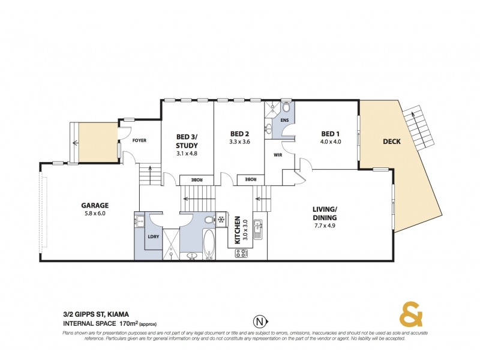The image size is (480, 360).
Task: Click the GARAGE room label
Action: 95,205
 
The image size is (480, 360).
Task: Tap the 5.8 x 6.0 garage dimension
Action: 95,214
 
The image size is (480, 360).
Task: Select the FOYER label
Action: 139,140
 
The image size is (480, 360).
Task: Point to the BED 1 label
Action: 330,133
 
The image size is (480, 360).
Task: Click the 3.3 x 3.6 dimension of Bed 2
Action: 239,142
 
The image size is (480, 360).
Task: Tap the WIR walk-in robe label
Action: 278,154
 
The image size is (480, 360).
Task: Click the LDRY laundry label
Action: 152,236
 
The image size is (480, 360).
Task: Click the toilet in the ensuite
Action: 286,108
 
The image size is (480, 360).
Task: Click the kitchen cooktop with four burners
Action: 242,253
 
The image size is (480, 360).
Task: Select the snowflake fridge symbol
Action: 220,220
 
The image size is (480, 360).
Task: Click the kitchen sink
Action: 258,227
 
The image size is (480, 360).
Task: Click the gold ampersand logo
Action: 412,314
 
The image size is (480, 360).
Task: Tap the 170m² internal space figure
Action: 126,324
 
